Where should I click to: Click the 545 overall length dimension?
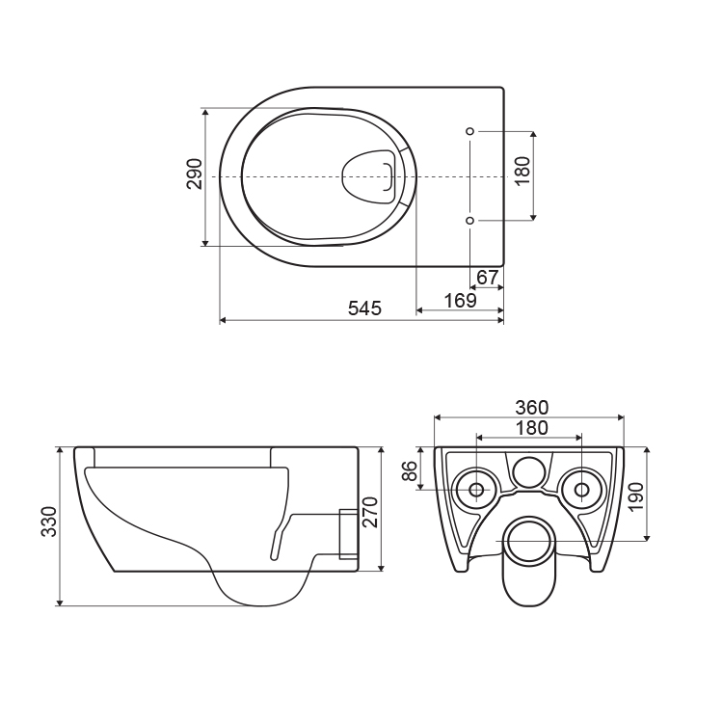coord(364,308)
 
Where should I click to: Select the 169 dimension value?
coord(460,300)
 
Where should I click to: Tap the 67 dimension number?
coord(488,278)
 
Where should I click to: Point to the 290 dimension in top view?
coord(195,174)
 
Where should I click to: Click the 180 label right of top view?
coord(522,171)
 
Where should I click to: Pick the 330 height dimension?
coord(49,521)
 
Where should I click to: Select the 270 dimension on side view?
coord(370,512)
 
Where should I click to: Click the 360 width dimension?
coord(531,408)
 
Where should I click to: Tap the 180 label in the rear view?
coord(531,428)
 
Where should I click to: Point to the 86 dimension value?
coord(410,470)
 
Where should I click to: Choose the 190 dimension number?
coord(636,497)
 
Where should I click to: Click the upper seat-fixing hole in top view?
coord(469,131)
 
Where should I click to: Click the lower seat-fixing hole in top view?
coord(469,221)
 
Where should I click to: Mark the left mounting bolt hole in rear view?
coord(477,489)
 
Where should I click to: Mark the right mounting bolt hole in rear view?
coord(582,489)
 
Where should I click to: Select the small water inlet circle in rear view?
coord(529,472)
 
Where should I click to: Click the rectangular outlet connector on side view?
coord(349,534)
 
